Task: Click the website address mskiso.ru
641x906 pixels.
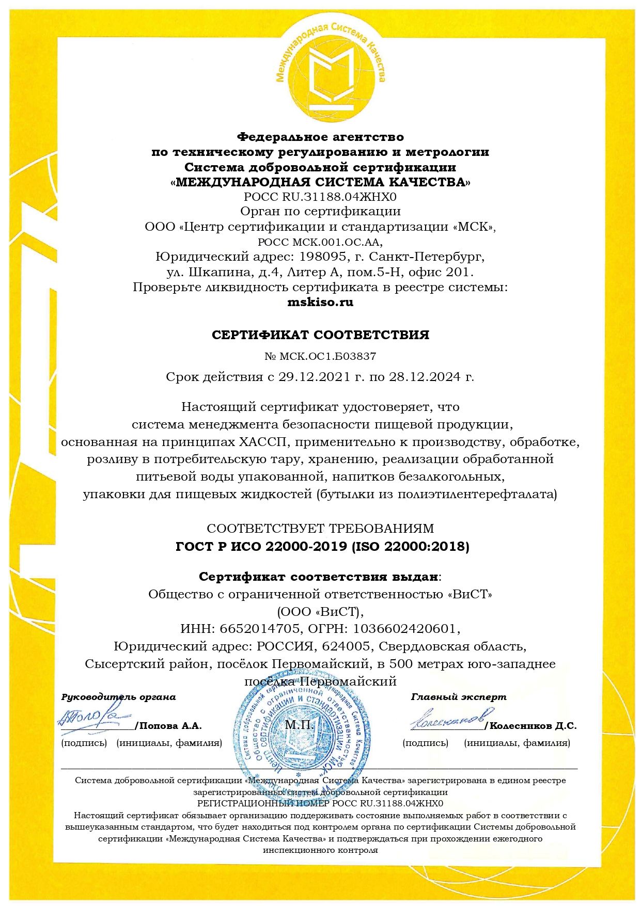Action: point(320,303)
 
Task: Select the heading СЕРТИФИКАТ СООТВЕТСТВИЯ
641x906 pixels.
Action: point(320,335)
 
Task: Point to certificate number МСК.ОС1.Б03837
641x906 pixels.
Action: point(327,356)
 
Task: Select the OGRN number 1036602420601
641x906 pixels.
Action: point(404,629)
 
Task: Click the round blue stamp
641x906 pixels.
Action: point(302,725)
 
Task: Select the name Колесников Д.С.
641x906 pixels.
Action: point(533,726)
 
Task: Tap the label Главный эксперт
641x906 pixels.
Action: point(459,697)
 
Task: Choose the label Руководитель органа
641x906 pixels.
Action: point(119,697)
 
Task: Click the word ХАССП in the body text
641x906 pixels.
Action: point(263,442)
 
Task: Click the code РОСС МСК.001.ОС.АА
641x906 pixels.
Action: point(320,242)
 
